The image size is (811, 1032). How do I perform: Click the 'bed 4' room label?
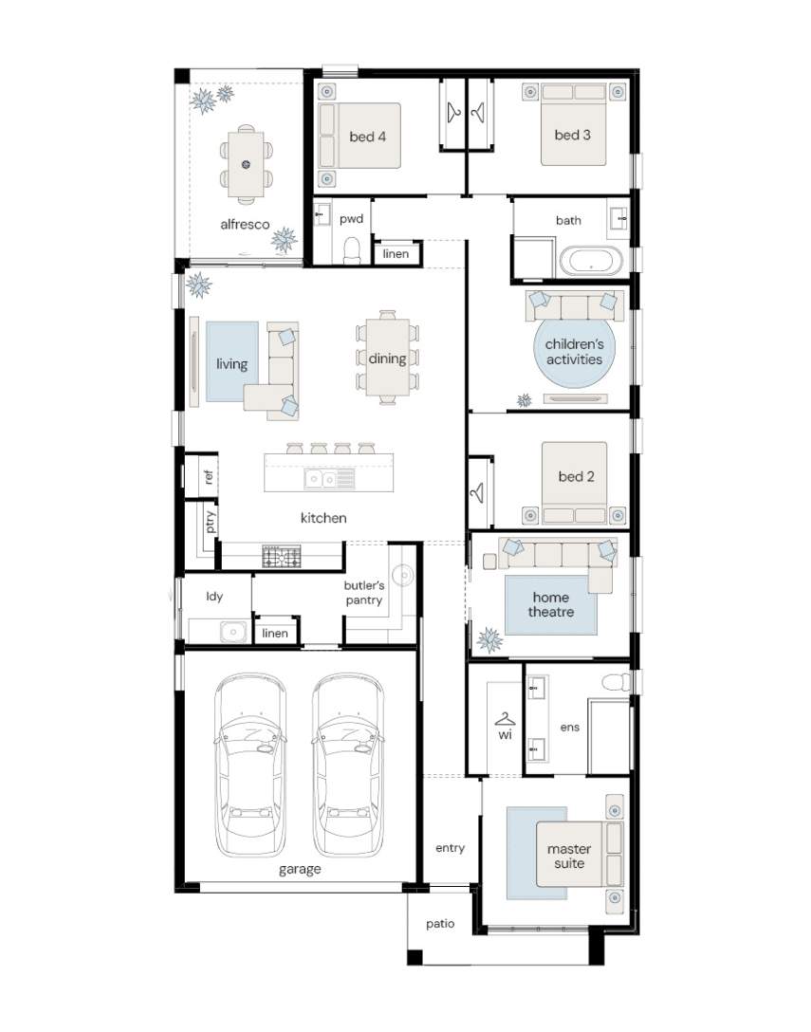click(x=367, y=137)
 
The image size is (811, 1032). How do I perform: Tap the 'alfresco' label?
click(x=245, y=225)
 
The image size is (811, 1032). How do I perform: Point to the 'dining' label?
click(x=387, y=359)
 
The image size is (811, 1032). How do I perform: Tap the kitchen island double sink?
click(x=329, y=478)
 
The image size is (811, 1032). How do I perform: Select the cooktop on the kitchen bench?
click(x=281, y=557)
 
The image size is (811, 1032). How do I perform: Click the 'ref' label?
click(x=209, y=476)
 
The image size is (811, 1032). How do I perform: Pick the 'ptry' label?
click(x=210, y=522)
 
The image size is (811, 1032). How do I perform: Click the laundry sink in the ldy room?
click(x=232, y=632)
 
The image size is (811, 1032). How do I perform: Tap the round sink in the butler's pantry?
click(x=403, y=576)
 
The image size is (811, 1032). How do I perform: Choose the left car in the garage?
click(x=250, y=765)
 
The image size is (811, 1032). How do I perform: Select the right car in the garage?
click(x=347, y=765)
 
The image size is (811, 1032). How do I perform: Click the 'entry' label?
click(x=451, y=848)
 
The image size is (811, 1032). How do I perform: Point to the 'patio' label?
click(x=440, y=924)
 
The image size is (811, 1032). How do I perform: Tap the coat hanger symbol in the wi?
click(x=505, y=719)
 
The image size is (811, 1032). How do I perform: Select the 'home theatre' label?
click(x=551, y=605)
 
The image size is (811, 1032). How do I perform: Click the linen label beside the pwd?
click(x=396, y=254)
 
